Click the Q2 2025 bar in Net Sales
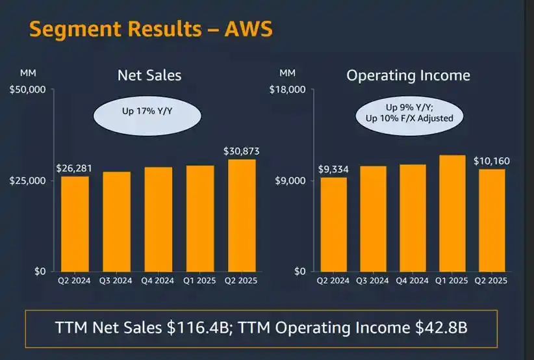point(242,215)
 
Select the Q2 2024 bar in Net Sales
point(75,224)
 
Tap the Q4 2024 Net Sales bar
point(158,219)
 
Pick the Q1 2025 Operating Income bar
point(451,213)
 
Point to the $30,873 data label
point(242,151)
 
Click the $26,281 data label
point(74,168)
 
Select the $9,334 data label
point(333,170)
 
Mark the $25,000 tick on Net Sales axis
point(27,180)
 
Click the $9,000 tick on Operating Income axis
point(290,180)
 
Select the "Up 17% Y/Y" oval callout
point(147,112)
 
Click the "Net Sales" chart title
point(149,75)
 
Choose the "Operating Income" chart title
point(408,75)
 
